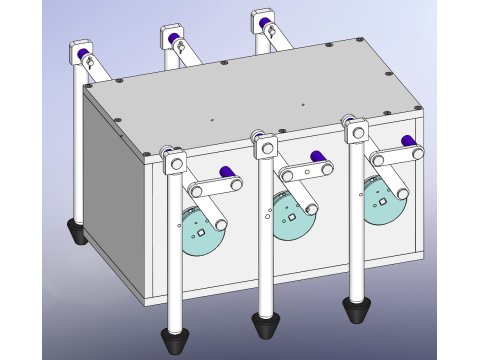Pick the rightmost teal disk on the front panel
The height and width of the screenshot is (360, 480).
[383, 203]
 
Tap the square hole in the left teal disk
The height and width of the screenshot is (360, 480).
[201, 232]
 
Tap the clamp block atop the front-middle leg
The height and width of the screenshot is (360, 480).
[266, 148]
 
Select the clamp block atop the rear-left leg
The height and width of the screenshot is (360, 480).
[80, 51]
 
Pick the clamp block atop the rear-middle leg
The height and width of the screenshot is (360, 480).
[171, 38]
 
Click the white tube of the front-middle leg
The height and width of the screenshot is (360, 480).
[267, 240]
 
